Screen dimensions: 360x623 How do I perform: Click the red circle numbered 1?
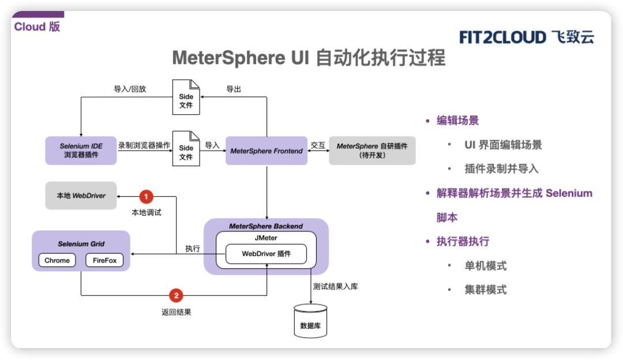(147, 196)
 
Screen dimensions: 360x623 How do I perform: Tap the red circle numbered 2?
(176, 295)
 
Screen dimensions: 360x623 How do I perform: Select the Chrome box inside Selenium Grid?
(57, 260)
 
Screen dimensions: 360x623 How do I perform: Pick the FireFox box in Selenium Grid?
(104, 260)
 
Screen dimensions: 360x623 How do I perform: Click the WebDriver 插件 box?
(266, 254)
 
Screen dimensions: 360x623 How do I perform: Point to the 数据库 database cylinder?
(311, 321)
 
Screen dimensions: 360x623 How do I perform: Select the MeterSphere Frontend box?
(266, 151)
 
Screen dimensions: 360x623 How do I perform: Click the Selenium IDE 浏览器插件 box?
(81, 151)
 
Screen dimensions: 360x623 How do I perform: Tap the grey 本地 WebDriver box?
(81, 196)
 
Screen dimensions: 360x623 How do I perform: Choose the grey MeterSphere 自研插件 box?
(372, 151)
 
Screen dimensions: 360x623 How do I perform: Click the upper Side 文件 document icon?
(186, 100)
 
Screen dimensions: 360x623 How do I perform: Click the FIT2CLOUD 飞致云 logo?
(526, 37)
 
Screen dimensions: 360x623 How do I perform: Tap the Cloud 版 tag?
(37, 27)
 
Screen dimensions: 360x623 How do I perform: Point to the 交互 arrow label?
(318, 145)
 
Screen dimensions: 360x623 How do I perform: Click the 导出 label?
(234, 89)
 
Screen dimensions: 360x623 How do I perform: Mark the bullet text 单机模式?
(485, 266)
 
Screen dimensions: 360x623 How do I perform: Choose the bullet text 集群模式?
(485, 290)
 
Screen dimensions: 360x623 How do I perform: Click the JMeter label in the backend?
(266, 238)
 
